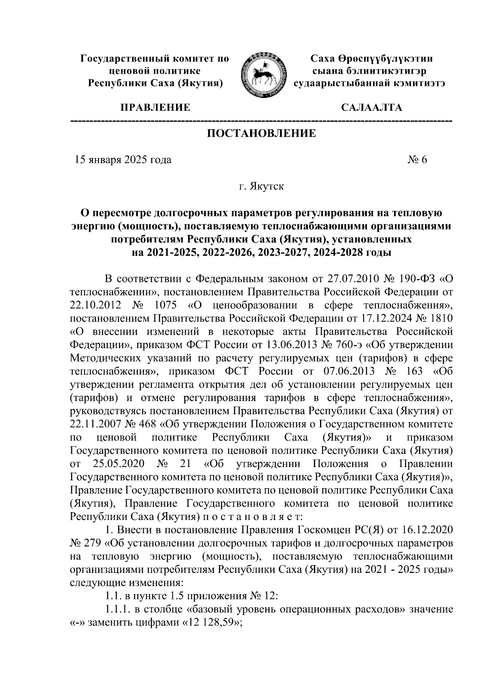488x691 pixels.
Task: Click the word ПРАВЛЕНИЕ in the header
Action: (155, 108)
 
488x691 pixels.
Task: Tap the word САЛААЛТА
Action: (371, 108)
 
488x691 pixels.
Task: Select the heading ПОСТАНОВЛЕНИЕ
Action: (261, 133)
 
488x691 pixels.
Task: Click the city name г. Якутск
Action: (261, 187)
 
